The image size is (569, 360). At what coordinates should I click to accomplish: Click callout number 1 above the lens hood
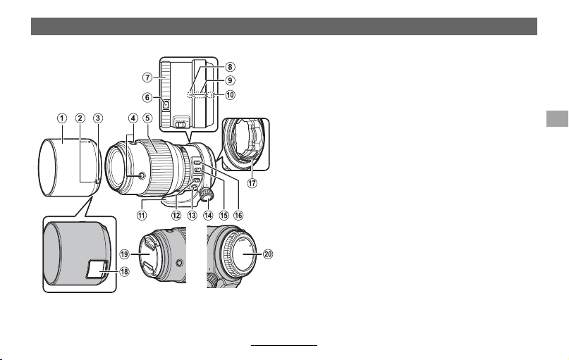[62, 118]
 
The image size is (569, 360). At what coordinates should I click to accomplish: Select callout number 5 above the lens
[147, 118]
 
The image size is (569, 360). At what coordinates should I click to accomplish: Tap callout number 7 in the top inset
[147, 77]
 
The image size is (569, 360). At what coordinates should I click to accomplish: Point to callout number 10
[230, 95]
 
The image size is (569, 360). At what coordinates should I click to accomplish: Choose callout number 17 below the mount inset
[252, 183]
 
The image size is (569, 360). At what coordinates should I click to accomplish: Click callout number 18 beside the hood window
[124, 271]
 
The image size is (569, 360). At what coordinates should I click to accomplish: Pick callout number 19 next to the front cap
[125, 254]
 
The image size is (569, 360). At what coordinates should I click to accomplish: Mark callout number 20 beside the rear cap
[268, 254]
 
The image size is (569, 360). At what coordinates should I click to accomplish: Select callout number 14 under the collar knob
[208, 215]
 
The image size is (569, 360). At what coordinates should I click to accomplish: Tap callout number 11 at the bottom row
[142, 215]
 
